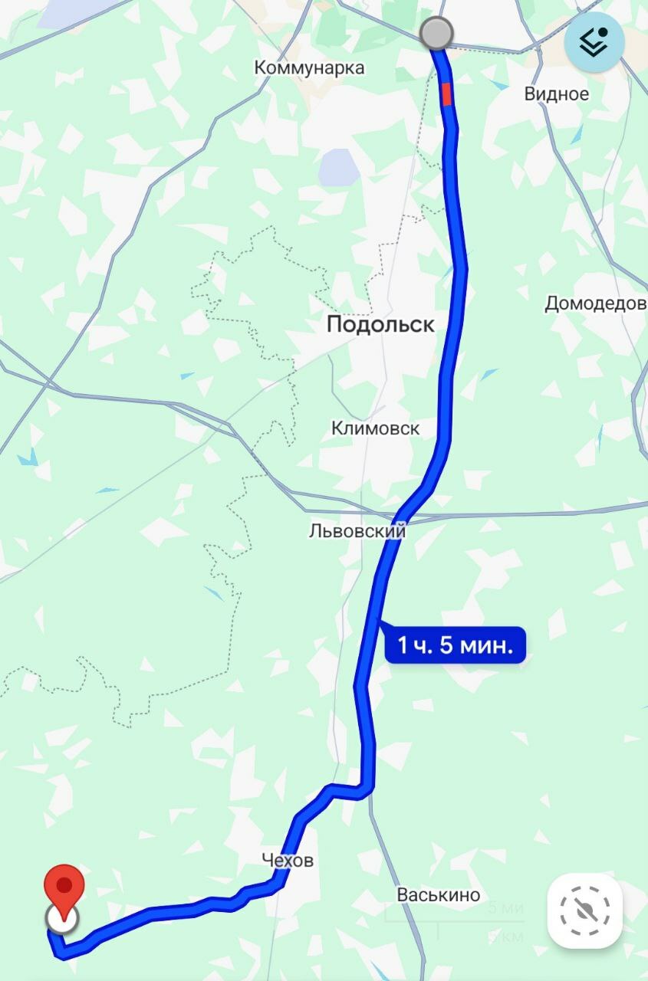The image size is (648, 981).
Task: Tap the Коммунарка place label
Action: click(x=309, y=67)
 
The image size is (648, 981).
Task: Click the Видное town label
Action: click(x=557, y=94)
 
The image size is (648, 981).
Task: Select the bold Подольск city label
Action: click(x=380, y=324)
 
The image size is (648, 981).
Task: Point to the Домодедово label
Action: click(x=595, y=303)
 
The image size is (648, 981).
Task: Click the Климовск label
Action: click(x=376, y=428)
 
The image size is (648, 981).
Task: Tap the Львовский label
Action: click(x=357, y=530)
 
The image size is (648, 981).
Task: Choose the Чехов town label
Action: click(x=288, y=861)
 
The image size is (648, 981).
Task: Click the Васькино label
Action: click(x=439, y=894)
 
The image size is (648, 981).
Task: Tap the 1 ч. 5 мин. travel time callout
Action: click(x=455, y=645)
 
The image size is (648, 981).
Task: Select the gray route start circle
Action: click(x=437, y=34)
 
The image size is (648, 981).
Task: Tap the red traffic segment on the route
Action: click(x=446, y=94)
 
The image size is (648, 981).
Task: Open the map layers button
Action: click(x=594, y=44)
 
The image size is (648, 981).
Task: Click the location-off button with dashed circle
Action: click(x=584, y=911)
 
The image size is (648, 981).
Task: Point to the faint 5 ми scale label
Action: click(x=505, y=908)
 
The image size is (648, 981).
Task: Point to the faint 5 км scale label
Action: click(x=505, y=937)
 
